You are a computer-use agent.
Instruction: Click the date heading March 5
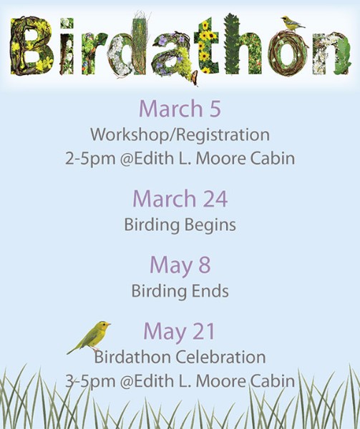(x=180, y=109)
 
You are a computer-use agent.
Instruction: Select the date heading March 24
(x=180, y=198)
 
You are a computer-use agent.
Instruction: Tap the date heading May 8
(x=180, y=265)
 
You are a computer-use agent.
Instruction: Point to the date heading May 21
(x=180, y=332)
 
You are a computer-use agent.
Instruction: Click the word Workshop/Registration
(x=180, y=134)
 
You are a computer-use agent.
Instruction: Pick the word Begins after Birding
(x=210, y=225)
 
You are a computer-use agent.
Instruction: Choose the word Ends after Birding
(x=210, y=290)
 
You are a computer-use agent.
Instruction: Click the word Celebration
(x=220, y=357)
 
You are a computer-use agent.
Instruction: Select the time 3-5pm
(x=90, y=382)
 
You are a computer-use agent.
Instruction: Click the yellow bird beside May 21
(x=89, y=337)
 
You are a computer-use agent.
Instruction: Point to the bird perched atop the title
(x=293, y=23)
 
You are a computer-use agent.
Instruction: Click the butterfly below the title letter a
(x=195, y=78)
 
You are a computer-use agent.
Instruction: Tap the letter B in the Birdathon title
(x=31, y=46)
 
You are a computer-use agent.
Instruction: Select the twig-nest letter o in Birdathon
(x=288, y=53)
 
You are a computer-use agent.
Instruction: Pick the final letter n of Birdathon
(x=331, y=54)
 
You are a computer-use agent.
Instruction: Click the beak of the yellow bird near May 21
(x=109, y=325)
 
